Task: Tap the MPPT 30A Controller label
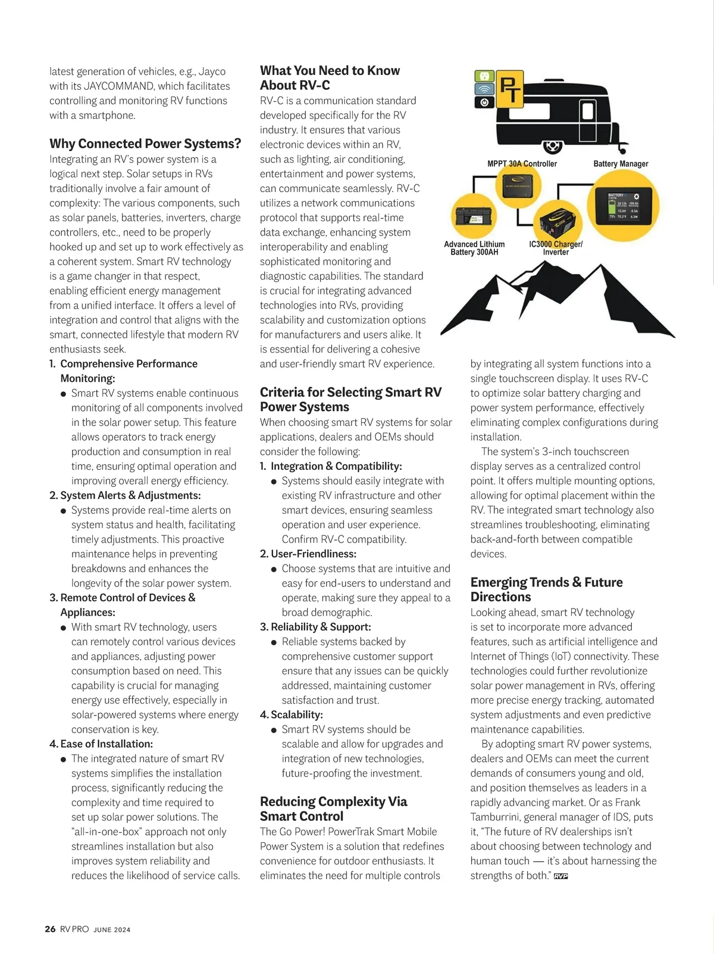(x=522, y=164)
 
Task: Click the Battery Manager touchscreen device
(x=623, y=205)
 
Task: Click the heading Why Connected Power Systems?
(x=145, y=144)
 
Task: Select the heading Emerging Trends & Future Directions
(x=546, y=589)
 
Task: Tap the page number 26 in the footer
(x=51, y=929)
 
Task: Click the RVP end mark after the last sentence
(x=560, y=876)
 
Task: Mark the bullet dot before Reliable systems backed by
(x=274, y=642)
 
